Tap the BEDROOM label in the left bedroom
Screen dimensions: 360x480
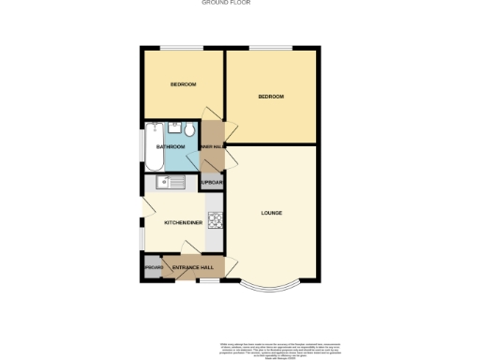coord(183,84)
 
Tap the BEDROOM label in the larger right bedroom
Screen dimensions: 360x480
coord(271,97)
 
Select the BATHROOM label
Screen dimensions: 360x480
coord(170,147)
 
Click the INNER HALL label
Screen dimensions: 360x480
coord(212,147)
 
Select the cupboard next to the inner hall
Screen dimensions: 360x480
coord(212,183)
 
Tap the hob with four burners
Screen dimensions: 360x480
coord(216,221)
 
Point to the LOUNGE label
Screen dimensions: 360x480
coord(272,214)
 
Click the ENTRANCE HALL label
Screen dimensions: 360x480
coord(194,267)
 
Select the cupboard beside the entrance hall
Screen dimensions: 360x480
coord(153,267)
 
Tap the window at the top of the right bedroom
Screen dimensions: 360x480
coord(272,49)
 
